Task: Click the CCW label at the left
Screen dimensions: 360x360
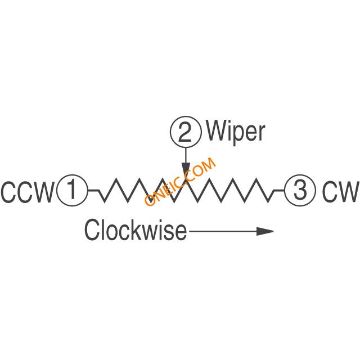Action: coord(26,192)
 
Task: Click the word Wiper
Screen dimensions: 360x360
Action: coord(236,132)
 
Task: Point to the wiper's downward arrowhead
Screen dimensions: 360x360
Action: coord(186,170)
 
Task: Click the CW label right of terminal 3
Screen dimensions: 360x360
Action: coord(340,192)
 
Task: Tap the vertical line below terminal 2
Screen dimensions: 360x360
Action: coord(186,154)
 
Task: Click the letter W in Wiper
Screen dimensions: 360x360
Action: coord(217,132)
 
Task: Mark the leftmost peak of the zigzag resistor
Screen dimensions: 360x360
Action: coord(116,181)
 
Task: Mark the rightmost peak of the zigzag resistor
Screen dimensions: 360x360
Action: coord(261,181)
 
